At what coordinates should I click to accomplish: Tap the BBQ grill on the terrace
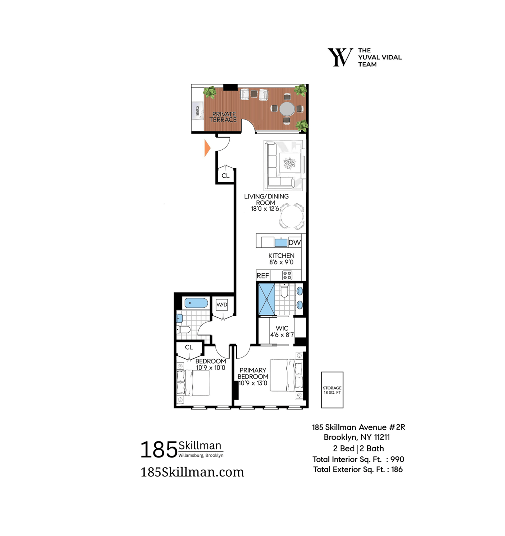click(197, 111)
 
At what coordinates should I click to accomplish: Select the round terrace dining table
click(287, 109)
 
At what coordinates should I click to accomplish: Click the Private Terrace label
click(224, 117)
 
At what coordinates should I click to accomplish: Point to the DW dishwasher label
click(294, 242)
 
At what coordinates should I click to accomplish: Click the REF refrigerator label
click(263, 276)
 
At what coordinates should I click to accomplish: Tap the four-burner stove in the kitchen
click(287, 275)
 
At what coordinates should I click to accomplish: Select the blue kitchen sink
click(281, 243)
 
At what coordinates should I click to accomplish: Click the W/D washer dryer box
click(222, 305)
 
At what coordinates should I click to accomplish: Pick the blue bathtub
click(196, 303)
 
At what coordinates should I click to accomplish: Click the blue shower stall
click(266, 299)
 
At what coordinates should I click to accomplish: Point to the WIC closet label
click(282, 328)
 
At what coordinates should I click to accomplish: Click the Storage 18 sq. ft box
click(332, 390)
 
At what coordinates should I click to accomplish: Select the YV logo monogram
click(341, 57)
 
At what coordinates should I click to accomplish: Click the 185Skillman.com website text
click(192, 472)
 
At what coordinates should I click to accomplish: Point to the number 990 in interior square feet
click(397, 459)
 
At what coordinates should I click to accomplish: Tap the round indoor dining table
click(292, 216)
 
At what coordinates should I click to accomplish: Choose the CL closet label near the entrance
click(225, 175)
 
